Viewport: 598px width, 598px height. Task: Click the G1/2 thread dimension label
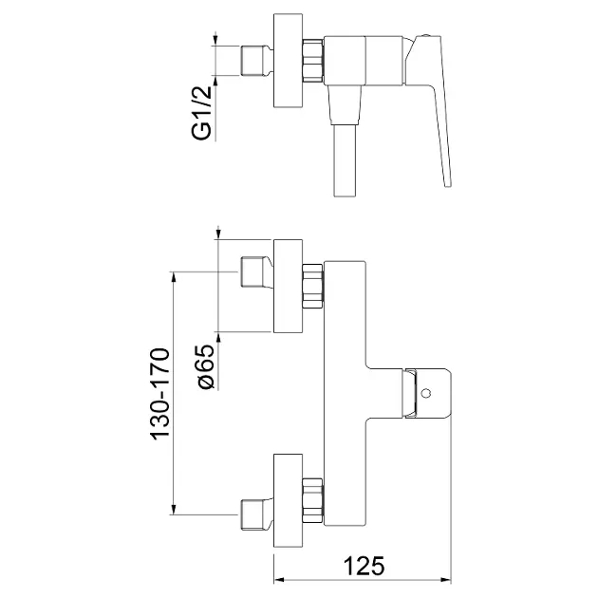[x=201, y=113]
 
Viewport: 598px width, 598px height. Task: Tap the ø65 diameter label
[x=206, y=367]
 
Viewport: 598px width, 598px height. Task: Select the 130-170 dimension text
[x=160, y=394]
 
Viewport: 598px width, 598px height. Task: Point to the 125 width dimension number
[x=364, y=566]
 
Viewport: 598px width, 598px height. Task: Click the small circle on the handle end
[x=426, y=393]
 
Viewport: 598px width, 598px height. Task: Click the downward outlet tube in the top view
[x=345, y=160]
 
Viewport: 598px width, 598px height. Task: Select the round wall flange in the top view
[x=288, y=61]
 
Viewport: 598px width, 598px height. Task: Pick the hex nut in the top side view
[x=312, y=61]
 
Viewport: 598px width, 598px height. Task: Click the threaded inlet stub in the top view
[x=256, y=61]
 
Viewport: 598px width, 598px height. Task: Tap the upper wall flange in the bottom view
[x=288, y=286]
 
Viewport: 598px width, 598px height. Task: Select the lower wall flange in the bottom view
[x=288, y=500]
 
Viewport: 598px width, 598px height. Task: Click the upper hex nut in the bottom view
[x=312, y=286]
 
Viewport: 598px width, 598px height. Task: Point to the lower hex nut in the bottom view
[x=312, y=500]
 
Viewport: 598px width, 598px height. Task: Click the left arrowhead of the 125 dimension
[x=279, y=580]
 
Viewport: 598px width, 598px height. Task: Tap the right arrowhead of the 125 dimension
[x=446, y=580]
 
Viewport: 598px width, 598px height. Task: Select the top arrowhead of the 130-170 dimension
[x=174, y=277]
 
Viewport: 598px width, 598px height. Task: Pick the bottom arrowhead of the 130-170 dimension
[x=174, y=510]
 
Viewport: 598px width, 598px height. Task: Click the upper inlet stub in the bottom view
[x=256, y=271]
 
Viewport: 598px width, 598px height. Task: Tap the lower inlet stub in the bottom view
[x=256, y=514]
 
